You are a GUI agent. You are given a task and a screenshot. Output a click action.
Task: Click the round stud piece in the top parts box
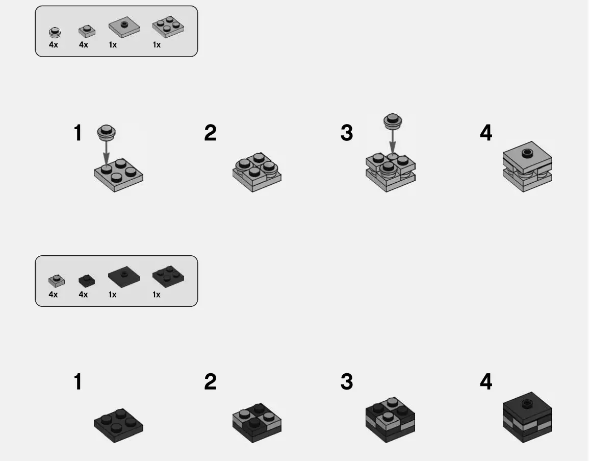coord(55,33)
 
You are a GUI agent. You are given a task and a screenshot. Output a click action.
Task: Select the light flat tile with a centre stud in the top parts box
coord(124,28)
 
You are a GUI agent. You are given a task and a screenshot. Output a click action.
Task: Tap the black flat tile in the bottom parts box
coord(123,277)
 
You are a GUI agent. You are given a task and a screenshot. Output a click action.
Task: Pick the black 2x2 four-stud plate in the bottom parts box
coord(168,277)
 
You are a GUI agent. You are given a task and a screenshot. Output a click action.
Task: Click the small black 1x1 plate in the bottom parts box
coord(86,280)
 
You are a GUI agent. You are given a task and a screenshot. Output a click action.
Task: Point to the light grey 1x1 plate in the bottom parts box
coord(56,280)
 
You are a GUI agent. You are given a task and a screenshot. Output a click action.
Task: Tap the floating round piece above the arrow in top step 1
coord(106,132)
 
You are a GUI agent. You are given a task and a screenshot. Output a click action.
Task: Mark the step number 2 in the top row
coord(210,133)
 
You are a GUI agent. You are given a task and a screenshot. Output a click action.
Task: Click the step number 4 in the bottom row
coord(486,381)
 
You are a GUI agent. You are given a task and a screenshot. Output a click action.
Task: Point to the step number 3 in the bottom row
coord(346,381)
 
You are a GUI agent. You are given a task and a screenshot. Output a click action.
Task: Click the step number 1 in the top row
coord(78,133)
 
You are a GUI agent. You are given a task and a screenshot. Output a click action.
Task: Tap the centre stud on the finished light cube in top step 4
coord(527,152)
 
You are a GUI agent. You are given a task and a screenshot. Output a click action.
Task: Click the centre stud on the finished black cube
coord(527,403)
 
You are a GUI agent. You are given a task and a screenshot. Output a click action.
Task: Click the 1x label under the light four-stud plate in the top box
coord(157,45)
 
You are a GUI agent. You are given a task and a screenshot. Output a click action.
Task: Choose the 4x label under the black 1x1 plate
coord(83,295)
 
